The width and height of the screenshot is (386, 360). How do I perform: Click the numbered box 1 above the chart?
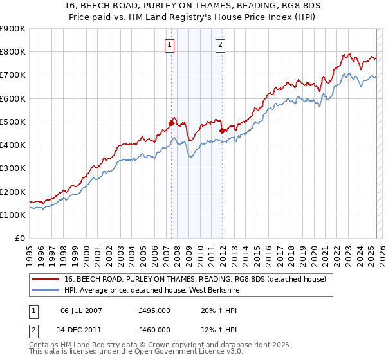click(x=169, y=44)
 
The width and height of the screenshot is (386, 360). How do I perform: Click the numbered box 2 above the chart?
click(x=220, y=44)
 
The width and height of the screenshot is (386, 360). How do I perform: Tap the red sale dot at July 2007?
click(x=172, y=122)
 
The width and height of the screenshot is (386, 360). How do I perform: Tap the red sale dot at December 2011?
click(x=222, y=130)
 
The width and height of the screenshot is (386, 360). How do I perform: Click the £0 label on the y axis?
click(x=19, y=239)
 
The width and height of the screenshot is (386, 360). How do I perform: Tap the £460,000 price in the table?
click(x=154, y=330)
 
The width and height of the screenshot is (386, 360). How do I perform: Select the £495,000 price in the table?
click(x=154, y=310)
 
